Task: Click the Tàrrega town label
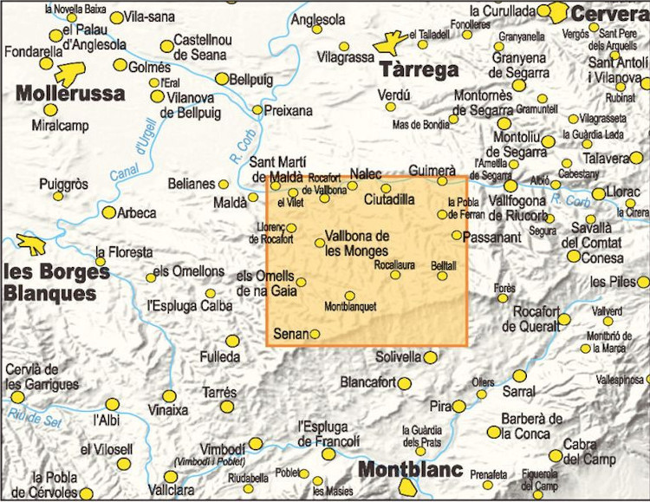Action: coord(419,70)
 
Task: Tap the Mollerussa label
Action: coord(70,94)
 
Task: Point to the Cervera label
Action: coord(610,15)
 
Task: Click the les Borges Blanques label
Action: coord(55,282)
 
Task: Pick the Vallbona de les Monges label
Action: coord(357,243)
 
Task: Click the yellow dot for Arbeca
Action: coord(109,212)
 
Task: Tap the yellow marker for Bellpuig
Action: coord(222,79)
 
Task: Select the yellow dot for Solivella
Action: coord(430,357)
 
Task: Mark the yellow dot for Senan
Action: coord(315,334)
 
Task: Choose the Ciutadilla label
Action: coord(390,199)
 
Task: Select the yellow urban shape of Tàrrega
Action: coord(391,41)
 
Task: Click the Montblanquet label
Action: coord(350,307)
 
